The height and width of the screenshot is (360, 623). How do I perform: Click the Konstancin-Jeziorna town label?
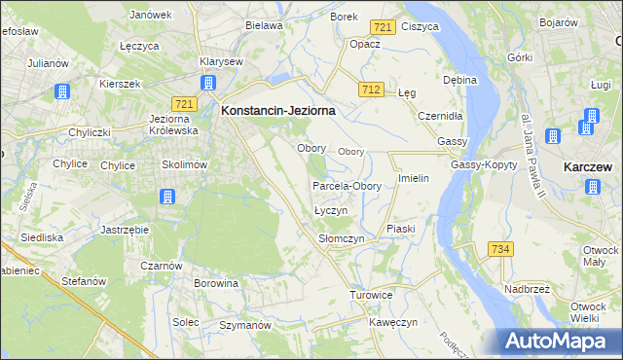pos(278,111)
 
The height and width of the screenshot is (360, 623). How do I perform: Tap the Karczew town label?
pos(587,166)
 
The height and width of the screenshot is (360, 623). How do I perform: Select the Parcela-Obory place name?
pos(346,186)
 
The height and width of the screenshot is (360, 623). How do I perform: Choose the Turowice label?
pos(370,294)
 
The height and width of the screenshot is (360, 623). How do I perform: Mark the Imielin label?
pos(414,180)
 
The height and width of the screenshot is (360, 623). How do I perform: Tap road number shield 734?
pos(500,250)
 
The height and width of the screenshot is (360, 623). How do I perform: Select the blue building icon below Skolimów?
pos(166,198)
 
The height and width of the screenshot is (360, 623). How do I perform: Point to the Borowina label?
pos(216,284)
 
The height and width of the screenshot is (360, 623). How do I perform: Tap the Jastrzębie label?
pos(124,230)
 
